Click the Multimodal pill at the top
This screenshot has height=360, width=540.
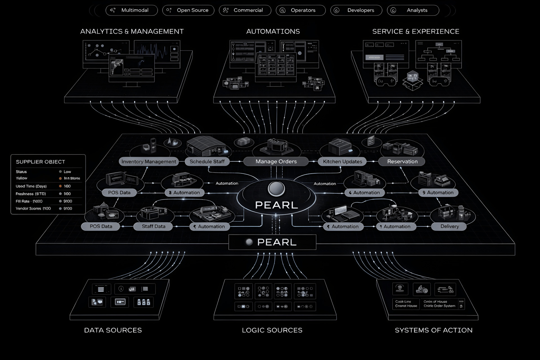(132, 10)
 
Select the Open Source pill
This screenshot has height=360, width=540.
(188, 10)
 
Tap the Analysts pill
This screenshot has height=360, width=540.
(413, 10)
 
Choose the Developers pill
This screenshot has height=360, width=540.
(356, 10)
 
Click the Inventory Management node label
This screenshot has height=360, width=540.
(148, 161)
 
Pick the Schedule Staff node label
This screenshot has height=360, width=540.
(207, 161)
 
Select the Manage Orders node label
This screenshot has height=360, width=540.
(276, 161)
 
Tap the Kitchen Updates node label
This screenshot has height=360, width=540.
(342, 161)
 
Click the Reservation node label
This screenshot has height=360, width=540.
(402, 161)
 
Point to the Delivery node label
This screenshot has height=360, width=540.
(449, 226)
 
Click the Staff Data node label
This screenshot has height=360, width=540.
(153, 226)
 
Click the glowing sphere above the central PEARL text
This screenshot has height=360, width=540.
(276, 188)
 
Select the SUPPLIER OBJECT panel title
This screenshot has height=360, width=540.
(40, 162)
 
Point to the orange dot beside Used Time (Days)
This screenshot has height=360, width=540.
(60, 186)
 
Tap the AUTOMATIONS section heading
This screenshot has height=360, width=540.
(273, 31)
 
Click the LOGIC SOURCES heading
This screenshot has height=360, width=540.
(272, 330)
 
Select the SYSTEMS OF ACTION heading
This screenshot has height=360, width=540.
(433, 330)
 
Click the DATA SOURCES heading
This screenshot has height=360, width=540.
(113, 330)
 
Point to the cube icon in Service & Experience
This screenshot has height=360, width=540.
(413, 80)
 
